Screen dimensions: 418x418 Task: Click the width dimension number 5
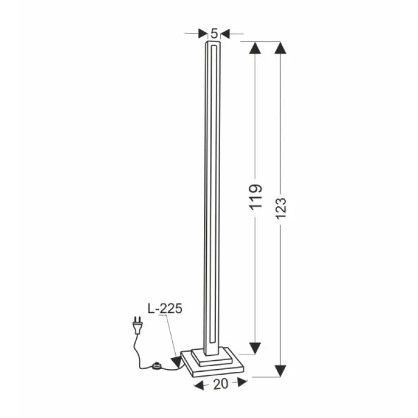[x=214, y=33]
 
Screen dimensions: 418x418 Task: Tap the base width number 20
[x=220, y=383]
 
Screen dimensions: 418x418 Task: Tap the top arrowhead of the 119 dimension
[x=255, y=48]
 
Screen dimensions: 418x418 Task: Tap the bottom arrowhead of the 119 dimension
[x=255, y=348]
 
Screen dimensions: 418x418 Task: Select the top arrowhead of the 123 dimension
[x=281, y=48]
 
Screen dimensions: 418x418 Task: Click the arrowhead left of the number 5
[x=202, y=34]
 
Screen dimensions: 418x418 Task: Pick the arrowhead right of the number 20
[x=241, y=382]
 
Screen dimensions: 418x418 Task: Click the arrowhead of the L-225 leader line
[x=177, y=362]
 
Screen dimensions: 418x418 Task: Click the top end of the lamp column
[x=213, y=42]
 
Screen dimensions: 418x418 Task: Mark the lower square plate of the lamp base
[x=214, y=367]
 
